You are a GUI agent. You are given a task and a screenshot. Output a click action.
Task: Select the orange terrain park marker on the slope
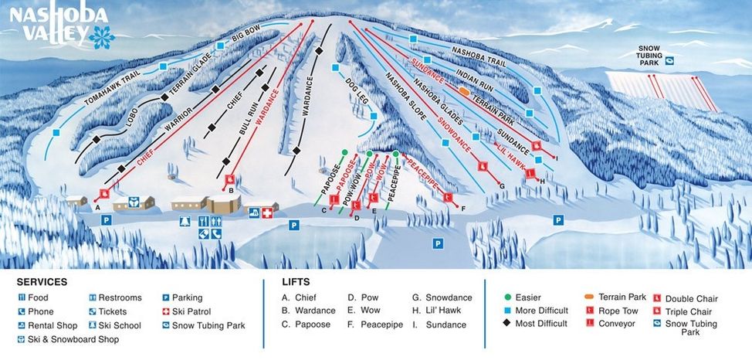click(x=464, y=91)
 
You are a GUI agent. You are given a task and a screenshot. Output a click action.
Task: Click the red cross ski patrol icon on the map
click(x=268, y=211)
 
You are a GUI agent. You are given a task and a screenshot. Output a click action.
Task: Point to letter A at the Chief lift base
click(x=98, y=207)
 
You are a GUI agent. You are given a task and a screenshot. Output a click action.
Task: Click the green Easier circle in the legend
click(x=506, y=297)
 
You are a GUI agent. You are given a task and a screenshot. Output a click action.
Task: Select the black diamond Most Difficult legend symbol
click(x=506, y=324)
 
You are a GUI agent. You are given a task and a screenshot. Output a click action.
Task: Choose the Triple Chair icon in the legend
click(x=658, y=311)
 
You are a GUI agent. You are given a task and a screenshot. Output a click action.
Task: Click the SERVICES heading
click(x=42, y=282)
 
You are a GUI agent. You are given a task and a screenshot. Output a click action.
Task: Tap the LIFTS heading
click(x=296, y=282)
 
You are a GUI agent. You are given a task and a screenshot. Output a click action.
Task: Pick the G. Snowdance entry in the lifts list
click(x=442, y=297)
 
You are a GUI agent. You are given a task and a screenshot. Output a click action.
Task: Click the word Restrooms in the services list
click(x=120, y=297)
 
